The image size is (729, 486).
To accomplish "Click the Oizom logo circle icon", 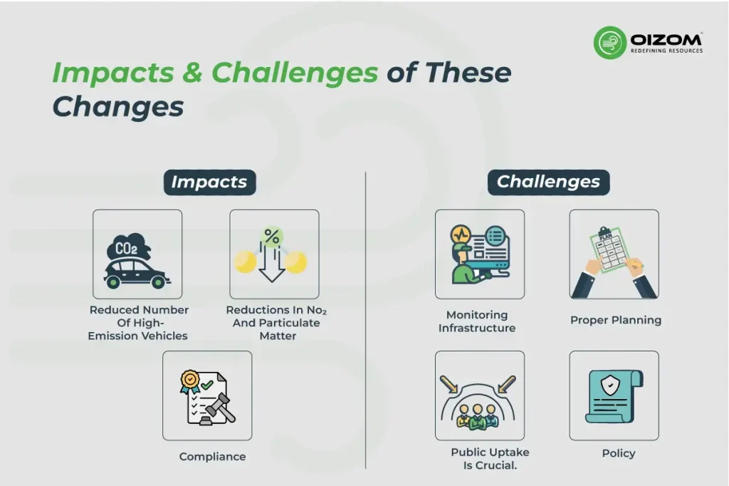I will [x=610, y=42].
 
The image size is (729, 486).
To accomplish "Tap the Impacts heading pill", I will [x=209, y=182].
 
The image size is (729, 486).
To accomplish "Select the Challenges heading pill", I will [x=548, y=182].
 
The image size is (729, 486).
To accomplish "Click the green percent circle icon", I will [x=271, y=236].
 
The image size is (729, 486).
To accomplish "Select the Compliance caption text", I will [x=212, y=457].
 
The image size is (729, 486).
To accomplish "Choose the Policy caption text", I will [x=618, y=453].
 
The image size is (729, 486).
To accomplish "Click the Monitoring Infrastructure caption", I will [x=477, y=321].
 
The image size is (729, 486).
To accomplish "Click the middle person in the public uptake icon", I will [x=479, y=415].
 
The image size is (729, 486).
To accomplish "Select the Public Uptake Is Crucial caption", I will [x=490, y=459].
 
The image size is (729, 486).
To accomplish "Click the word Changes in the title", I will [x=117, y=106].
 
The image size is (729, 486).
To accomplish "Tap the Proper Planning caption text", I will [x=615, y=320].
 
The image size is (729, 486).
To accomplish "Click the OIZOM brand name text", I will [x=666, y=38].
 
